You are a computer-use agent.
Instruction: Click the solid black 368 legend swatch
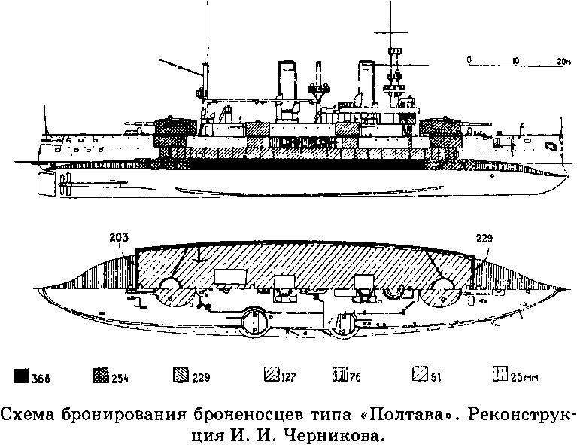[x=21, y=376]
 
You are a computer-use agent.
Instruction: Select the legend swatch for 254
[x=101, y=376]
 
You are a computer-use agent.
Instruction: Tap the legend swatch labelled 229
[x=181, y=376]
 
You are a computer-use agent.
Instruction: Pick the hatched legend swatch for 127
[x=272, y=374]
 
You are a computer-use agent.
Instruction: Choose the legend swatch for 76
[x=340, y=374]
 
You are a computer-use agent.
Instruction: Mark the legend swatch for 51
[x=420, y=374]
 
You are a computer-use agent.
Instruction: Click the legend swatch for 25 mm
[x=500, y=374]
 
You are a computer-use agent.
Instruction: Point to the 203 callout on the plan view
[x=119, y=237]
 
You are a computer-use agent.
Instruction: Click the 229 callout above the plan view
[x=484, y=239]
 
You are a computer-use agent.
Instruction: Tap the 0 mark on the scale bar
[x=469, y=59]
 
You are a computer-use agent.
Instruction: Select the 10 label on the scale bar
[x=515, y=60]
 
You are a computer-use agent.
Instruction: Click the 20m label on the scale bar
[x=563, y=61]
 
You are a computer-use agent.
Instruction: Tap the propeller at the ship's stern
[x=65, y=183]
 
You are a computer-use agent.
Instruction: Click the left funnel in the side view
[x=287, y=81]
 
